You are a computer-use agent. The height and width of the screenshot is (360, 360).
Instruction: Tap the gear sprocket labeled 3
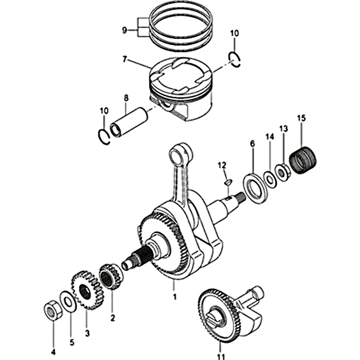click(87, 290)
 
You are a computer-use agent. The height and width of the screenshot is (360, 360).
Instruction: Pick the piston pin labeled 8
click(129, 121)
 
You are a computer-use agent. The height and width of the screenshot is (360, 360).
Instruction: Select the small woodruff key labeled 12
click(228, 182)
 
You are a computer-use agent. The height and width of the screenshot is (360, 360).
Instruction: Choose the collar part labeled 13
click(283, 172)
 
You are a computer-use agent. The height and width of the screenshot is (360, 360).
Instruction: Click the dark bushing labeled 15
click(302, 160)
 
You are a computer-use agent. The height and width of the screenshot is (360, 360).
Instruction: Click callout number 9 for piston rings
click(125, 30)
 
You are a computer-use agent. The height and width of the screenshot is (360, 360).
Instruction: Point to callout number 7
click(125, 59)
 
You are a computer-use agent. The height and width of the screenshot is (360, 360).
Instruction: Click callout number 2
click(112, 318)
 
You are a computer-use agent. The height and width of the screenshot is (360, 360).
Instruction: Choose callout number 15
click(301, 118)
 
